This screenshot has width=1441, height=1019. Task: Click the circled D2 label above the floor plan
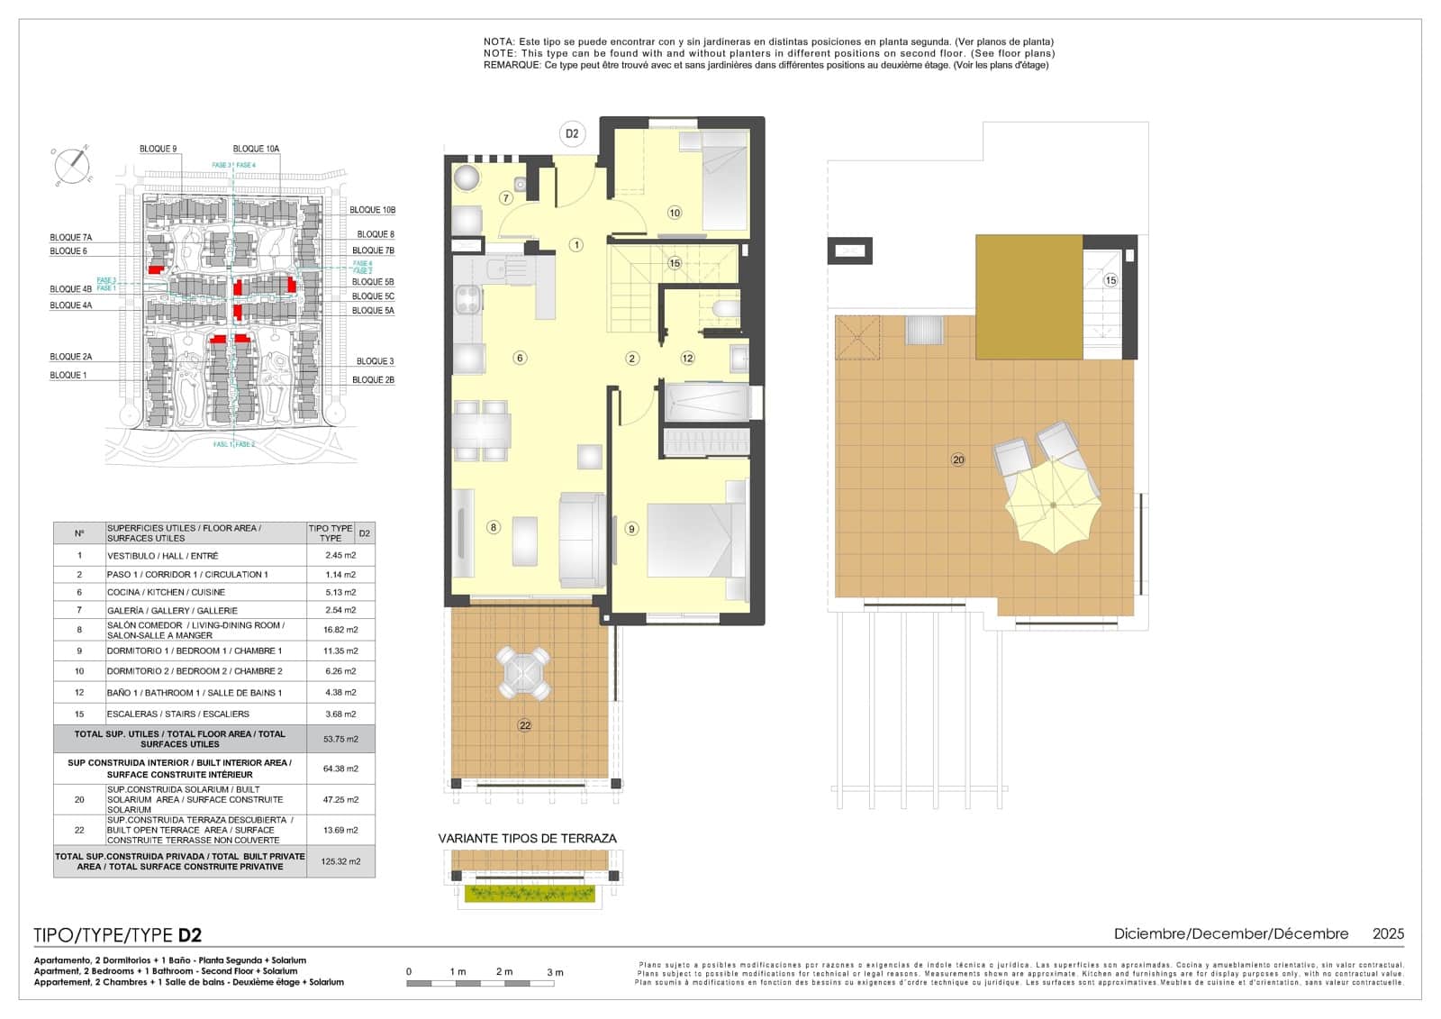pyautogui.click(x=571, y=134)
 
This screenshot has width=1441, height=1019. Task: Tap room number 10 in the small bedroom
pyautogui.click(x=674, y=213)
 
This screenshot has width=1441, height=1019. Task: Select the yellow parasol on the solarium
pyautogui.click(x=1053, y=505)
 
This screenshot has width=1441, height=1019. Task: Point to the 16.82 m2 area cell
pyautogui.click(x=340, y=630)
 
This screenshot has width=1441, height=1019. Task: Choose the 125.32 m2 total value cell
pyautogui.click(x=340, y=861)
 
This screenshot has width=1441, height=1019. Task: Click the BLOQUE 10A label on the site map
pyautogui.click(x=256, y=149)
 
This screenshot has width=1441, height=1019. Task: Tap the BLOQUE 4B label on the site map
pyautogui.click(x=70, y=289)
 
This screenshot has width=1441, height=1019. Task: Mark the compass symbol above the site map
pyautogui.click(x=72, y=165)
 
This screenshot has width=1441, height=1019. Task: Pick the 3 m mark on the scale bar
pyautogui.click(x=555, y=972)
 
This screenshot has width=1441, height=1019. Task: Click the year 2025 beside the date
pyautogui.click(x=1388, y=934)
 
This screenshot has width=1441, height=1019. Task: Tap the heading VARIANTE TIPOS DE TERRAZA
pyautogui.click(x=527, y=838)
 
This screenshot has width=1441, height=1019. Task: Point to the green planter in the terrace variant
pyautogui.click(x=529, y=894)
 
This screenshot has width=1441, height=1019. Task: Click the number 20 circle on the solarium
pyautogui.click(x=957, y=459)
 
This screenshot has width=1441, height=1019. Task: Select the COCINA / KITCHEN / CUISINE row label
pyautogui.click(x=166, y=592)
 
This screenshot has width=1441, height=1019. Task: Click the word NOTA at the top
pyautogui.click(x=498, y=41)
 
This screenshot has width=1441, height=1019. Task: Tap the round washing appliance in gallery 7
pyautogui.click(x=467, y=177)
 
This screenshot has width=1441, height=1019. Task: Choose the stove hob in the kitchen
pyautogui.click(x=467, y=299)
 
